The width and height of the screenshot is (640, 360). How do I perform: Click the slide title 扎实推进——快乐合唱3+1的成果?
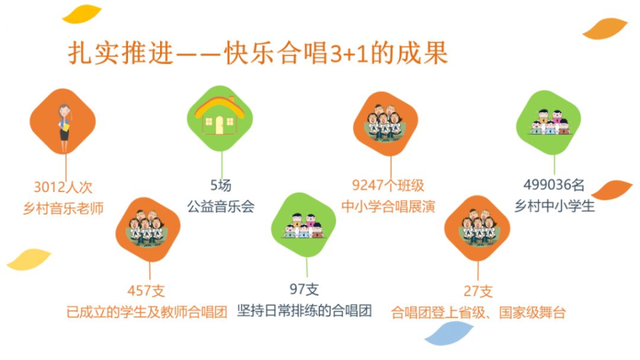pyautogui.click(x=258, y=53)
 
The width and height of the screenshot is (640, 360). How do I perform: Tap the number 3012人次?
pyautogui.click(x=63, y=187)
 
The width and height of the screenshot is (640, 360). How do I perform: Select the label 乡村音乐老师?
pyautogui.click(x=63, y=208)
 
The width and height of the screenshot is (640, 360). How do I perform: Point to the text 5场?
pyautogui.click(x=221, y=185)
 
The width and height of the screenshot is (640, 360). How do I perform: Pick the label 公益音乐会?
pyautogui.click(x=221, y=206)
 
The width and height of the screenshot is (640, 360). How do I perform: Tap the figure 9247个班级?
pyautogui.click(x=388, y=185)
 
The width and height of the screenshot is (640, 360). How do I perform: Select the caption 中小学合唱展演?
pyautogui.click(x=388, y=206)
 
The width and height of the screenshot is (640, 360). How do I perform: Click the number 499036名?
pyautogui.click(x=554, y=184)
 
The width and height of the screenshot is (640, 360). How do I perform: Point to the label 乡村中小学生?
pyautogui.click(x=554, y=206)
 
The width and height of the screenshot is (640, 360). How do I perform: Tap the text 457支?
pyautogui.click(x=146, y=291)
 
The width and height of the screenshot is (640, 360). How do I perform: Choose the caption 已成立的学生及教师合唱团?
pyautogui.click(x=147, y=312)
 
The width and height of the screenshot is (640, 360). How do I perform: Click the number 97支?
pyautogui.click(x=304, y=289)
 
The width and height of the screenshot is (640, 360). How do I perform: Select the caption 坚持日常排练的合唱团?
pyautogui.click(x=304, y=311)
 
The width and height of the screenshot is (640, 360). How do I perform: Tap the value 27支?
pyautogui.click(x=478, y=291)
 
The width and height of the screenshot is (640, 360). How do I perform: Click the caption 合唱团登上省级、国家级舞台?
pyautogui.click(x=478, y=312)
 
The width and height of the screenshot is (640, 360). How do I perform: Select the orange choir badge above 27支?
pyautogui.click(x=477, y=227)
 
